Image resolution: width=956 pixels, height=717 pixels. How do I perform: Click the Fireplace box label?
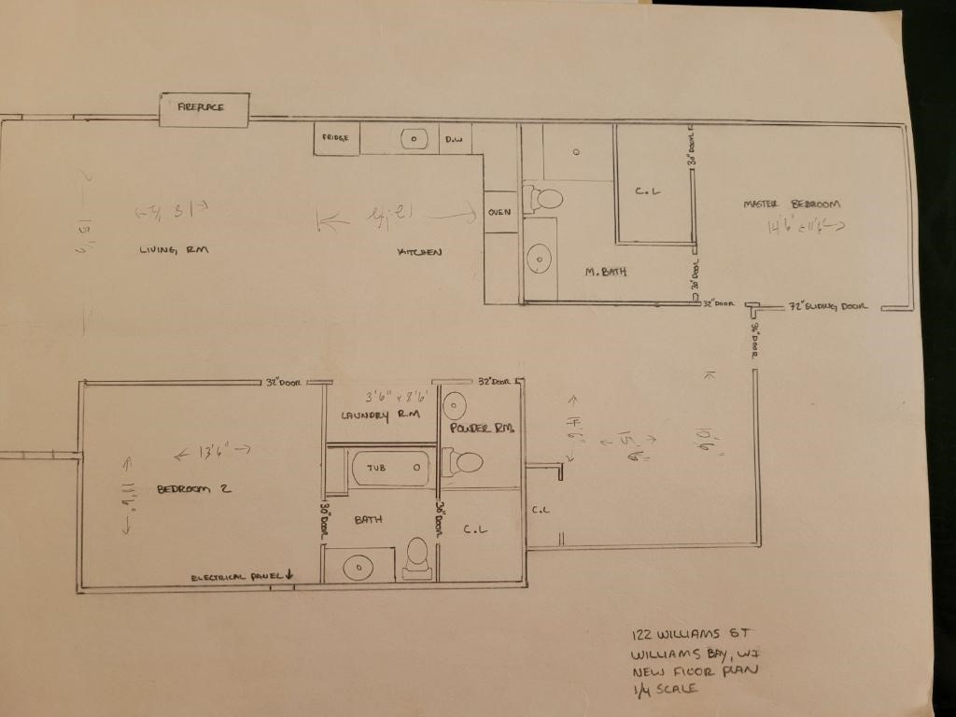[204, 108]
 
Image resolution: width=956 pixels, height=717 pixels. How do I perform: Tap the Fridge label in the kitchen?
[336, 139]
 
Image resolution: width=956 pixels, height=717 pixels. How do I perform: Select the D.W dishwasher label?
[454, 140]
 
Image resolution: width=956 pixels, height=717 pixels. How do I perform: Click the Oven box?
[499, 212]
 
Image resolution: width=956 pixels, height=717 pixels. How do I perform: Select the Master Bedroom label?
[792, 204]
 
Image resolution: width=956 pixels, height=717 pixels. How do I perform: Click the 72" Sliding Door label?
[828, 305]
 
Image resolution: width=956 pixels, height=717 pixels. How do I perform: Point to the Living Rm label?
[173, 249]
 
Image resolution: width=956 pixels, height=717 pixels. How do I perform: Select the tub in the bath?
[390, 467]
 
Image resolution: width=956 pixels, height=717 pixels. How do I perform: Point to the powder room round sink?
[455, 405]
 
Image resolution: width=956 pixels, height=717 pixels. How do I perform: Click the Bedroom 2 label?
[193, 488]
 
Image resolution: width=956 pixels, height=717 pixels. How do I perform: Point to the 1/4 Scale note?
[665, 689]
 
